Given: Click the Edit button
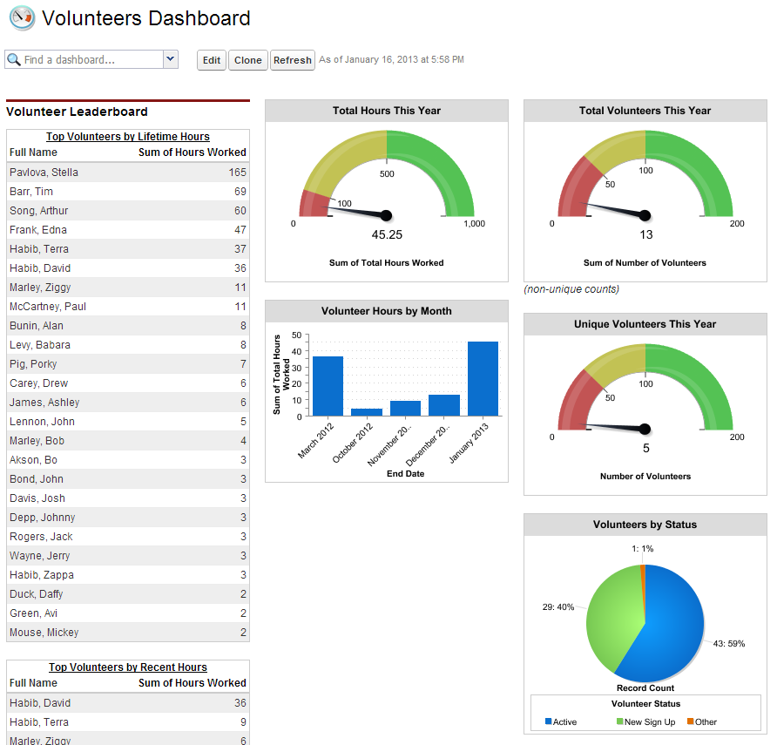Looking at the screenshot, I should click(212, 60).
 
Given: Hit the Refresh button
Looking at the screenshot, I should click(292, 60).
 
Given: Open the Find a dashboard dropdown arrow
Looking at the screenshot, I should click(171, 59).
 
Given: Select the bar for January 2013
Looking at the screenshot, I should click(483, 378).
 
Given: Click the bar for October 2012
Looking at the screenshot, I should click(367, 411).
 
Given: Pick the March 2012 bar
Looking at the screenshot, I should click(328, 385).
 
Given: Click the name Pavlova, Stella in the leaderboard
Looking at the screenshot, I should click(44, 173).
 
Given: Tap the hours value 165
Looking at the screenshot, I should click(237, 173).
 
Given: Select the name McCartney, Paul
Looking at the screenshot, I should click(48, 307).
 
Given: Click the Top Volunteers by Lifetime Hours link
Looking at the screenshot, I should click(128, 137).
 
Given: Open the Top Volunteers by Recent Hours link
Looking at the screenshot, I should click(128, 667).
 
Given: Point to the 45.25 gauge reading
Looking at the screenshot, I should click(386, 235).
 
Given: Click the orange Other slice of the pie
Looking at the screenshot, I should click(643, 569).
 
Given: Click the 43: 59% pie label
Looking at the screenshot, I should click(729, 644).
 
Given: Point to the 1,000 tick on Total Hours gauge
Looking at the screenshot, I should click(474, 224).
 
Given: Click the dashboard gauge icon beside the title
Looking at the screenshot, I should click(22, 17).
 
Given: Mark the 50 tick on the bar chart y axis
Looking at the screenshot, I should click(297, 335).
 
